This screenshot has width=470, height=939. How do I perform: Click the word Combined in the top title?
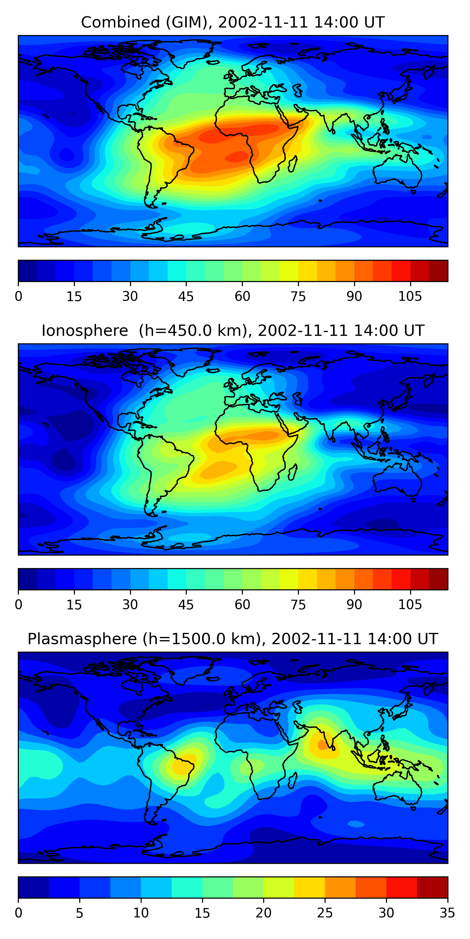[120, 23]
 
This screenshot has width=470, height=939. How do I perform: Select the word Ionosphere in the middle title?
[85, 331]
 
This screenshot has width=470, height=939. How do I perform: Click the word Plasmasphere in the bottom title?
[82, 639]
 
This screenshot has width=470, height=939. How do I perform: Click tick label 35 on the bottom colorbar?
[447, 913]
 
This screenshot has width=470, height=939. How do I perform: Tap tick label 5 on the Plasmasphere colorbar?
[80, 913]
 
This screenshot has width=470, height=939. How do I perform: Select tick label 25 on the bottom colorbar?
[325, 913]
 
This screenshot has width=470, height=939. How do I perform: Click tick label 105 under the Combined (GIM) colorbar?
[410, 296]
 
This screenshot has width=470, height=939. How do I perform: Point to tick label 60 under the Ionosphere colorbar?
[242, 604]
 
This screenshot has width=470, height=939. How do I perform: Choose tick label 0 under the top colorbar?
[18, 296]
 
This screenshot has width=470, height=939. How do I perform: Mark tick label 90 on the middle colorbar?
[354, 604]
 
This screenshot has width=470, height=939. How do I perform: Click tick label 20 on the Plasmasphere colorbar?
[264, 913]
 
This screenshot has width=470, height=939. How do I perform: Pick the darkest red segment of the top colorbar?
[438, 271]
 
